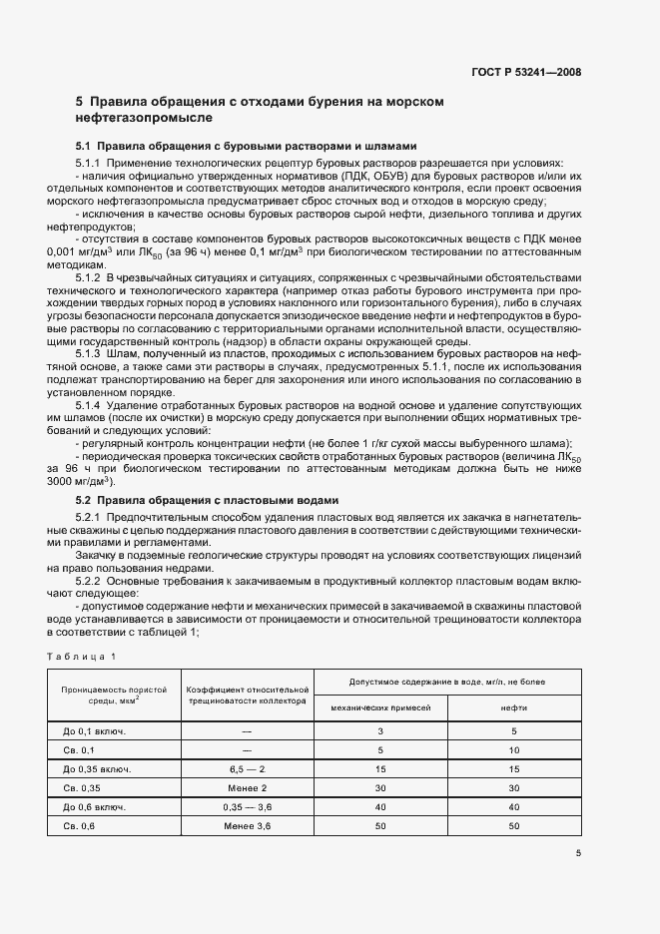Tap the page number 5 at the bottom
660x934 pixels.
pos(578,853)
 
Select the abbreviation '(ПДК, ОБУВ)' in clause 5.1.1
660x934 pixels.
pos(356,177)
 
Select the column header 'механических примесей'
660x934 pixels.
pos(380,706)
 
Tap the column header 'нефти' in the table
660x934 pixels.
pos(513,706)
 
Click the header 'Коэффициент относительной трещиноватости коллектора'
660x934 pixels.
pos(247,695)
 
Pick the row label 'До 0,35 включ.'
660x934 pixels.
pos(97,769)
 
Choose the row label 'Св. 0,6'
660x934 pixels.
pos(79,826)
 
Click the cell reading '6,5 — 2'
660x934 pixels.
pos(247,769)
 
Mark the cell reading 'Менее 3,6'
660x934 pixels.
pos(247,826)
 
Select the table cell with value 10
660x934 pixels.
pos(513,749)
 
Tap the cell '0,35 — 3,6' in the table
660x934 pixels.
pos(247,807)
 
